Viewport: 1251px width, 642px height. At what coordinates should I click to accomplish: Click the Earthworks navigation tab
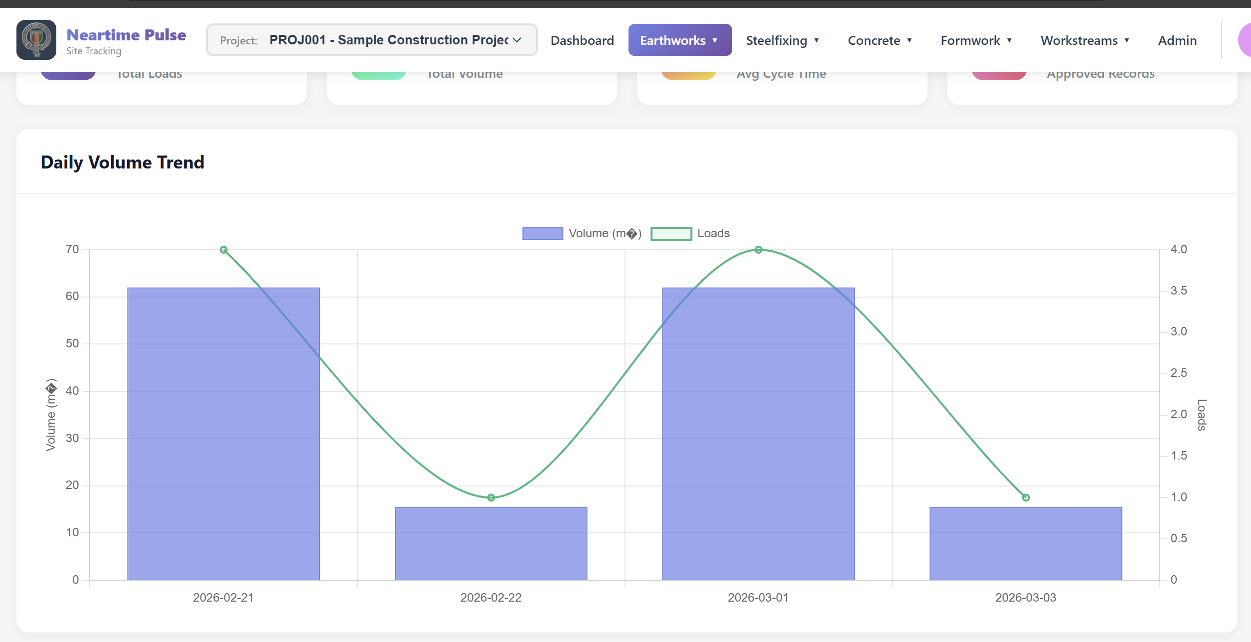tap(679, 40)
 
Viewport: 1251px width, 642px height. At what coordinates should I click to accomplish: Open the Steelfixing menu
tap(782, 40)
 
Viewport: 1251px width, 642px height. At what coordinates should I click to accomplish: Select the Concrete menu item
tap(879, 40)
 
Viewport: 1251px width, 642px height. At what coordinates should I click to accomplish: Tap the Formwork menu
tap(975, 40)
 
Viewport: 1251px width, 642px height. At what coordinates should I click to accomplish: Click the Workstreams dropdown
tap(1085, 40)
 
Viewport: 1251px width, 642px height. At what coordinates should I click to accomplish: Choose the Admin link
tap(1177, 40)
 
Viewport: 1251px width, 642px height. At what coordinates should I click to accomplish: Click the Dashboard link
tap(582, 40)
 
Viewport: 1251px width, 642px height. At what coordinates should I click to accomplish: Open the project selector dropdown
tap(372, 40)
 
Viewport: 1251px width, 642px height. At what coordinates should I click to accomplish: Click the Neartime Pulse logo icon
tap(36, 40)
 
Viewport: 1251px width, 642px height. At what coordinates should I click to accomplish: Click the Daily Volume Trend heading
tap(123, 162)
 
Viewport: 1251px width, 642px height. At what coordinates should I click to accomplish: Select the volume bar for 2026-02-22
tap(491, 543)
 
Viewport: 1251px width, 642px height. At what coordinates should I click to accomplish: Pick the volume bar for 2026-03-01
tap(758, 434)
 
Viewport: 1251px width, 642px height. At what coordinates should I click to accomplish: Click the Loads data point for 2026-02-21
tap(224, 250)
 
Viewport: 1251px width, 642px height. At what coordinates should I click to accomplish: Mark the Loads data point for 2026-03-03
tap(1026, 497)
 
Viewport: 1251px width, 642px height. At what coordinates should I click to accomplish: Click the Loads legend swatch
tap(671, 233)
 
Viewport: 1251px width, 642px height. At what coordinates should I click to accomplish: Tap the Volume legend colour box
tap(543, 233)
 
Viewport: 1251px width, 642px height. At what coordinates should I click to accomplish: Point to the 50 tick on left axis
tap(72, 343)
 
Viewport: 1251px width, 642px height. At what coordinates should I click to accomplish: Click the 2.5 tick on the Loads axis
tap(1178, 373)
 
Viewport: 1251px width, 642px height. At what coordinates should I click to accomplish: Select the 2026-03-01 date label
tap(758, 598)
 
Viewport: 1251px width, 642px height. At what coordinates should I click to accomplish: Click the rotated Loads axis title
tap(1202, 415)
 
